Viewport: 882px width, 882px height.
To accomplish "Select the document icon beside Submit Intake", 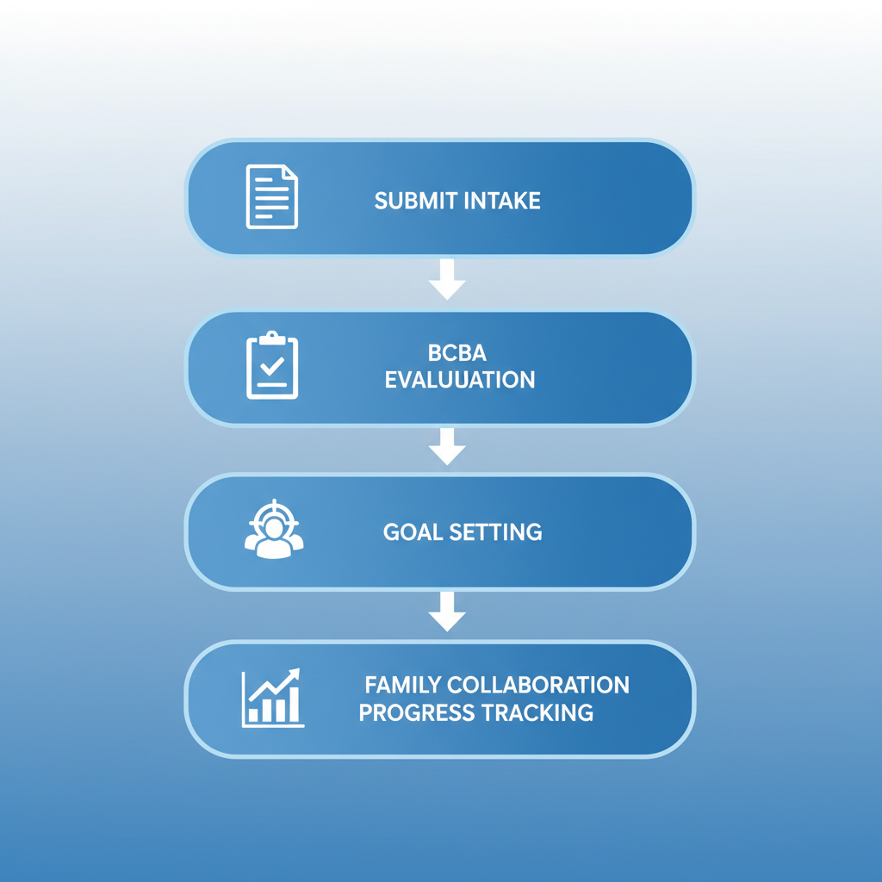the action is (x=272, y=196).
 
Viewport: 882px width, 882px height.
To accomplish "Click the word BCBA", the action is (x=457, y=352).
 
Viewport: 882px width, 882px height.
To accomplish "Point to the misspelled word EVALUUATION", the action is (x=460, y=380).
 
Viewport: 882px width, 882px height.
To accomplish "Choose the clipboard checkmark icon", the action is (x=272, y=365).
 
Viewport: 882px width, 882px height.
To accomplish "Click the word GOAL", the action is (x=413, y=532).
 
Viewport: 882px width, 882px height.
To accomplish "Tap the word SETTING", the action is (x=495, y=532).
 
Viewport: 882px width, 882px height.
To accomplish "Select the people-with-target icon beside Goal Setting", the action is (x=274, y=529).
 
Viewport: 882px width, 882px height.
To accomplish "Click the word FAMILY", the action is (x=403, y=685).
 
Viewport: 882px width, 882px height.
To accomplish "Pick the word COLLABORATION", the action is (x=538, y=685).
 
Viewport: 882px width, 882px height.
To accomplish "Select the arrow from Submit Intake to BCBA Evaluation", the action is (x=447, y=280).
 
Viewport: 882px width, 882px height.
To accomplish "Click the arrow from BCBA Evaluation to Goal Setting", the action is (x=447, y=447).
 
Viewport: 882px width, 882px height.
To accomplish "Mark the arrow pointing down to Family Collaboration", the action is (x=447, y=612).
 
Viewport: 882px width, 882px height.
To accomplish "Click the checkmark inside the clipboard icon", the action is (x=272, y=366).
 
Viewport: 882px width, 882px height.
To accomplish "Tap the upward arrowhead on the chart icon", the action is (x=295, y=674).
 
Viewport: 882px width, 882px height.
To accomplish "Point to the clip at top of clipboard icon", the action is (x=272, y=338).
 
